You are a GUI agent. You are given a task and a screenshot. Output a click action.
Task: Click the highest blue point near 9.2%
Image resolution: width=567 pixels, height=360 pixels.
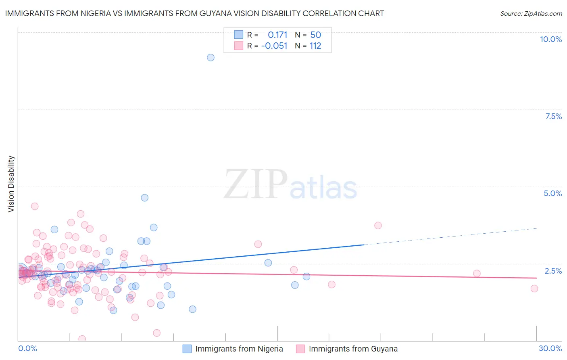(x=211, y=57)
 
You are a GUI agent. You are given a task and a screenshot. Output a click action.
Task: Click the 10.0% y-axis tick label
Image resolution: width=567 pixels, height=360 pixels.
(x=550, y=39)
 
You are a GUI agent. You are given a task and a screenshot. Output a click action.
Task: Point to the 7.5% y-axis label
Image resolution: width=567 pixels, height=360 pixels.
(x=553, y=116)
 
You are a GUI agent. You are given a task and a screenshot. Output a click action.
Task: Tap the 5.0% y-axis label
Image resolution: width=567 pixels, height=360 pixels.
(x=552, y=193)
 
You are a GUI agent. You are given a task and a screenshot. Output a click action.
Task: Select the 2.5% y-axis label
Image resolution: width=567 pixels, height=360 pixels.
(x=553, y=271)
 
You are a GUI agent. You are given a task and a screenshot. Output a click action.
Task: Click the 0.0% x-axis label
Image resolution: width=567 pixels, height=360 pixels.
(x=27, y=348)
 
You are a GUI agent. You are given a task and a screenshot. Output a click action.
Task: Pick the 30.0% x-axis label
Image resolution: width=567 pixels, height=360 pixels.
(x=550, y=348)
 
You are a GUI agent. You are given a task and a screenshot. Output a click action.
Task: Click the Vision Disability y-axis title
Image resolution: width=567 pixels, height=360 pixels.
(x=11, y=184)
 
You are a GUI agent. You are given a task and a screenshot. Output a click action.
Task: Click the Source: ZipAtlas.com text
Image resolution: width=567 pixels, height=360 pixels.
(x=531, y=13)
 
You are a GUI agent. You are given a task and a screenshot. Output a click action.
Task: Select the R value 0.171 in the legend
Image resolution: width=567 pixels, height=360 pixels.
(x=277, y=35)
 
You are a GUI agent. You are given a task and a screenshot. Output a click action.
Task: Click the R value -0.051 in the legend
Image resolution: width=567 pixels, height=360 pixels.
(x=274, y=46)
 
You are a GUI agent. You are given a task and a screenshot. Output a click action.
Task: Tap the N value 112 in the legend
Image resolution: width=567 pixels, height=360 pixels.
(x=315, y=46)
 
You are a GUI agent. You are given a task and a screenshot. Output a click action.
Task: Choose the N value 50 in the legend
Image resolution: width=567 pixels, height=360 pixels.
(x=315, y=35)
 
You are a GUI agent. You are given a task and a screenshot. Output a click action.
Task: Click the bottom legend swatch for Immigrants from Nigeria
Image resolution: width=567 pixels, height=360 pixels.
(x=187, y=349)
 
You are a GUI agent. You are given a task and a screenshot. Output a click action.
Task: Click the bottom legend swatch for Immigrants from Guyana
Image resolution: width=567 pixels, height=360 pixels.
(x=300, y=349)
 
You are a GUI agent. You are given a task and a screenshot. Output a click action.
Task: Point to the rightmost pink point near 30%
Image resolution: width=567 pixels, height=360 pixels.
(x=534, y=288)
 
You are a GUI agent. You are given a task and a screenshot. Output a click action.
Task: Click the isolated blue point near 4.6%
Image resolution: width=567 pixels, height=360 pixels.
(x=144, y=198)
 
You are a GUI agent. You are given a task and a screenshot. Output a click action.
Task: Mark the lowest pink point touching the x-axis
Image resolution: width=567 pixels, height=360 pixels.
(x=82, y=339)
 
